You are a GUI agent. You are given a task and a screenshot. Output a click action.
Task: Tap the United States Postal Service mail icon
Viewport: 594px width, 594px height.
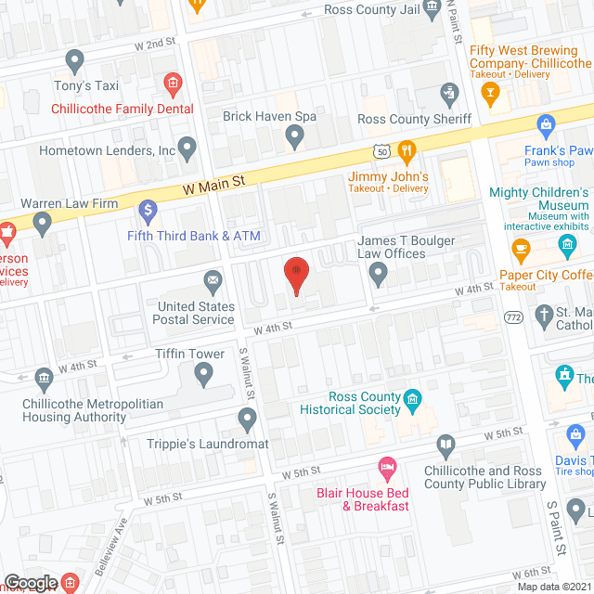pos(214,279)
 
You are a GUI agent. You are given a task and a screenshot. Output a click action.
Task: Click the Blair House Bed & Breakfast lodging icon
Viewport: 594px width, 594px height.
pos(388,466)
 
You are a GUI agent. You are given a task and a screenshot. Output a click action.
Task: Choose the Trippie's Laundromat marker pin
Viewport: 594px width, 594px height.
pos(247,420)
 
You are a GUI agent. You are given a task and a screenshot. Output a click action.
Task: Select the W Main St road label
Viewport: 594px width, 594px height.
pos(213,185)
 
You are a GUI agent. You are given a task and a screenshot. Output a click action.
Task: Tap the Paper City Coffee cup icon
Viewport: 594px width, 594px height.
pos(521,249)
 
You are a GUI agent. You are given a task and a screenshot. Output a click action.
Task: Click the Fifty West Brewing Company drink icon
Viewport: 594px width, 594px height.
pos(491,93)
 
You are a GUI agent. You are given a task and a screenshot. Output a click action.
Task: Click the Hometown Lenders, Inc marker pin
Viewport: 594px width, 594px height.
pos(188,148)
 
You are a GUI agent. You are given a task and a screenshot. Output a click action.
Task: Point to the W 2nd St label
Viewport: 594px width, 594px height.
pos(154,43)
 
